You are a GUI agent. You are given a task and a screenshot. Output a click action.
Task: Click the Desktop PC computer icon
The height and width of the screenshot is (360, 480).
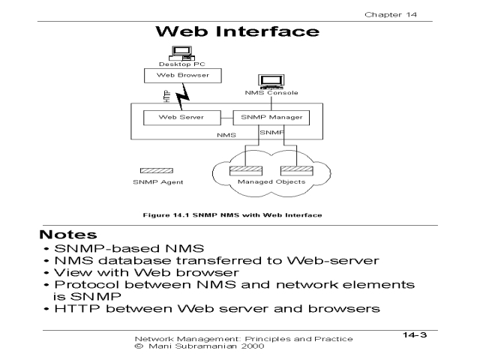coord(179,54)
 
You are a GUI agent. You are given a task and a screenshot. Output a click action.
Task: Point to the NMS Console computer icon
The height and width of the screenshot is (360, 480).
coord(268,81)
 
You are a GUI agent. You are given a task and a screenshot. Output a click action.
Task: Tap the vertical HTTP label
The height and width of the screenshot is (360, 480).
coord(166,97)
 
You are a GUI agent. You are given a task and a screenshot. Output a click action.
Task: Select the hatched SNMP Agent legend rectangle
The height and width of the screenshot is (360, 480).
coord(156,171)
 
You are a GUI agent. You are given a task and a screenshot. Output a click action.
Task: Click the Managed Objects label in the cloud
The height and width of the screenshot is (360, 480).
coord(261,182)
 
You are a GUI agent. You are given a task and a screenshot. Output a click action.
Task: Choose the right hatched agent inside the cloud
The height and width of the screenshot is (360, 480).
coord(292,170)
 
